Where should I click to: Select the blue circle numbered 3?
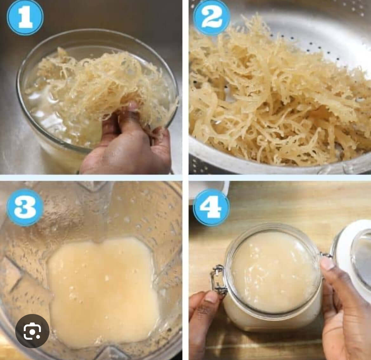pos(25,207)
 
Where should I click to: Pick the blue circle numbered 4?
pos(211,207)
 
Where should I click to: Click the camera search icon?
pos(32,331)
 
